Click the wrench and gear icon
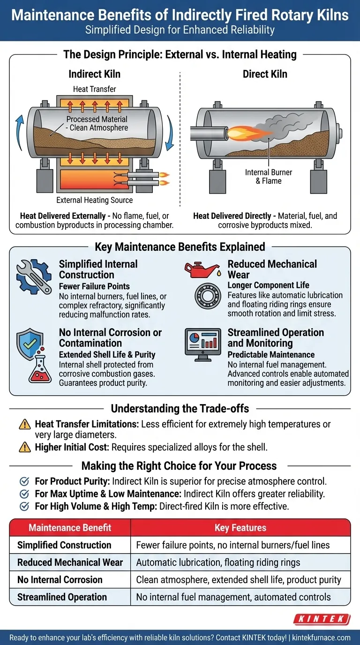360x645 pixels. pyautogui.click(x=34, y=277)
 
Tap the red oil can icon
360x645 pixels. pyautogui.click(x=202, y=270)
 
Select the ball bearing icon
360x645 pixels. pyautogui.click(x=208, y=296)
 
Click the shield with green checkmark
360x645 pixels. pyautogui.click(x=30, y=344)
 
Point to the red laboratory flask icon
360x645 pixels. pyautogui.click(x=40, y=366)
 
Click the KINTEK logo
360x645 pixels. pyautogui.click(x=322, y=619)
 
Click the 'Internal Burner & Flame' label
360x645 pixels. pyautogui.click(x=269, y=177)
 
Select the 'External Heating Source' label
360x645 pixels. pyautogui.click(x=95, y=200)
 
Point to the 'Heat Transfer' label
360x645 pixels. pyautogui.click(x=95, y=89)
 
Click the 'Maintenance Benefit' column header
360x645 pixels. pyautogui.click(x=70, y=527)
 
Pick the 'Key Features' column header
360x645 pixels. pyautogui.click(x=240, y=527)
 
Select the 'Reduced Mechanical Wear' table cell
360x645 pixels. pyautogui.click(x=70, y=562)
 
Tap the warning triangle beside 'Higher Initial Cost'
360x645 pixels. pyautogui.click(x=25, y=447)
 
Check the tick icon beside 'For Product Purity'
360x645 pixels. pyautogui.click(x=24, y=481)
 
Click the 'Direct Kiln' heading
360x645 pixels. pyautogui.click(x=265, y=74)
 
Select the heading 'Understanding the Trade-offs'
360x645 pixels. pyautogui.click(x=180, y=409)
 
